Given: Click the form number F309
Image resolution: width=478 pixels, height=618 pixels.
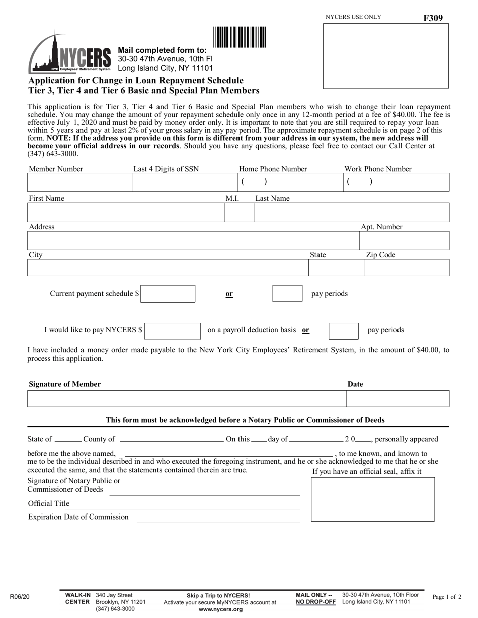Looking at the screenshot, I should pos(433,18).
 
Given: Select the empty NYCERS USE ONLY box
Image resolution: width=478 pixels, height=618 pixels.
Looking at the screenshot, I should pos(385,56).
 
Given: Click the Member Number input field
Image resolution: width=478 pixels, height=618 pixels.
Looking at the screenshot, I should pos(79,183).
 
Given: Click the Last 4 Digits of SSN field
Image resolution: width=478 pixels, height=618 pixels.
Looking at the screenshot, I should pos(184,183).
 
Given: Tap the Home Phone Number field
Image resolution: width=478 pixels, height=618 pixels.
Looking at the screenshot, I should pos(289,183).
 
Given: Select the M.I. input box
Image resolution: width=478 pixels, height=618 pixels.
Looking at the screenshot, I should pos(238,213).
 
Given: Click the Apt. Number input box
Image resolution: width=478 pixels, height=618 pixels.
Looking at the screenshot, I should pos(404,241).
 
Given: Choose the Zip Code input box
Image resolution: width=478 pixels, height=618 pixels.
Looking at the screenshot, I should pos(407,268).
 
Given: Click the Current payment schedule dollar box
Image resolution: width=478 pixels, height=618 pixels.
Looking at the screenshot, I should pos(168,294).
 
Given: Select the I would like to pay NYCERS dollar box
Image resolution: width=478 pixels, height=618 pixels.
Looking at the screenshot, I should pos(173,331).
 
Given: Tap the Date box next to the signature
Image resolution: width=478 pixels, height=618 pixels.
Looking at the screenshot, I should pos(397,399).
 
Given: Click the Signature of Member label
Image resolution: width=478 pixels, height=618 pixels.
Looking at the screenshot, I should pos(64,384).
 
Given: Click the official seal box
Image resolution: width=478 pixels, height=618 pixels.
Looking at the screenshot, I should pos(373,499).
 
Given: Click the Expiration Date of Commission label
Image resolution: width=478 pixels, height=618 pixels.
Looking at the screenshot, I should pos(78,517).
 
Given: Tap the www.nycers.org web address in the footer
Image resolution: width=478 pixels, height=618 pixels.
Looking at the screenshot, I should pos(220,609).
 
